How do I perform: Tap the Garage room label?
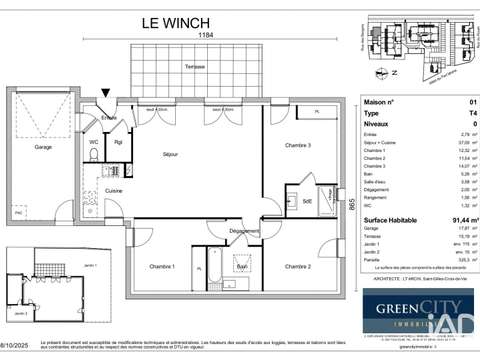coord(42,147)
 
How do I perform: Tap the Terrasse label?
coord(195,66)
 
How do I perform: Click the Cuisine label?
coord(114,191)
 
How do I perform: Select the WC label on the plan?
coord(93,141)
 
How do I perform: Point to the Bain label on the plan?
coord(242,267)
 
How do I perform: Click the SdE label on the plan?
coord(308,202)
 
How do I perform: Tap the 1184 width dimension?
coord(205,35)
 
